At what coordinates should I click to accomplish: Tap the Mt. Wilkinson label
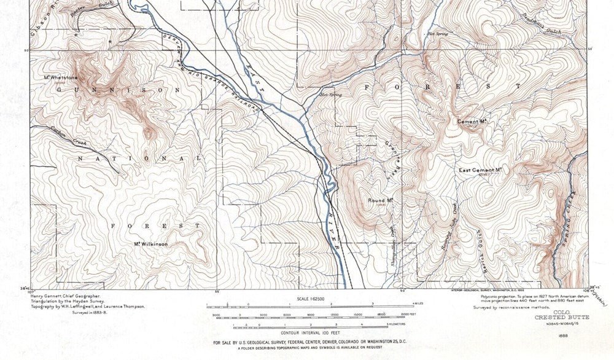point(151,244)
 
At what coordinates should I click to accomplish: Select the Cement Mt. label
point(472,122)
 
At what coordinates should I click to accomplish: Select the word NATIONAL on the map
point(139,158)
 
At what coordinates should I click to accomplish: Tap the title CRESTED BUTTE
point(562,317)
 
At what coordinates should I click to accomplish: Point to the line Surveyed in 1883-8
point(88,313)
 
